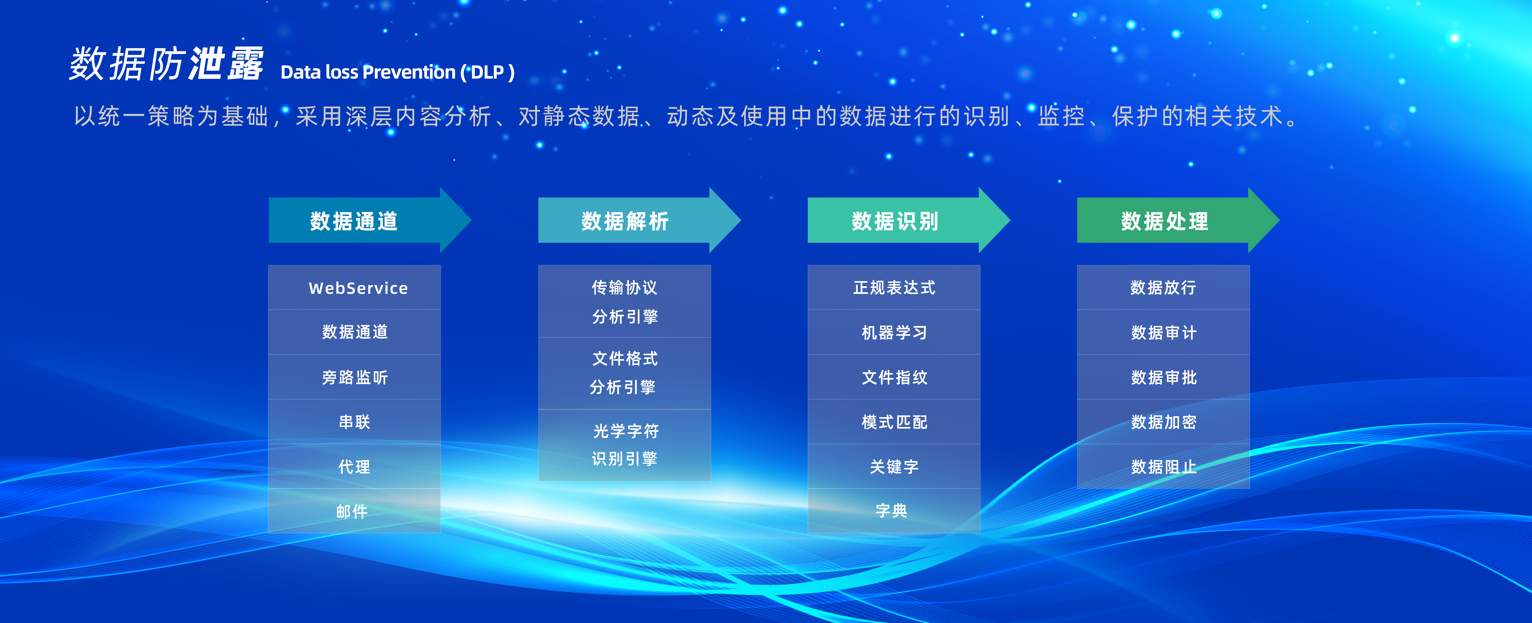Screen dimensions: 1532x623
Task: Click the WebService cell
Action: pyautogui.click(x=355, y=288)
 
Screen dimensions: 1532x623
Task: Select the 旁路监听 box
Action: pyautogui.click(x=355, y=377)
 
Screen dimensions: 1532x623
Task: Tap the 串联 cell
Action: pyautogui.click(x=355, y=422)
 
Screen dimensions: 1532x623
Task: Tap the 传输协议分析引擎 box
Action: pyautogui.click(x=625, y=301)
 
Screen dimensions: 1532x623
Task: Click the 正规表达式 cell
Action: pyautogui.click(x=894, y=288)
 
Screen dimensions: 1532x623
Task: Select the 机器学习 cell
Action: pyautogui.click(x=894, y=332)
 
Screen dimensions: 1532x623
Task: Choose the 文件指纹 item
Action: pyautogui.click(x=894, y=377)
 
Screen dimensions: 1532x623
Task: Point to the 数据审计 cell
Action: pyautogui.click(x=1163, y=332)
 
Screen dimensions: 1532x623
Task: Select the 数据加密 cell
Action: pyautogui.click(x=1163, y=422)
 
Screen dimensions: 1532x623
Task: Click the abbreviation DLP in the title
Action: pyautogui.click(x=488, y=72)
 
